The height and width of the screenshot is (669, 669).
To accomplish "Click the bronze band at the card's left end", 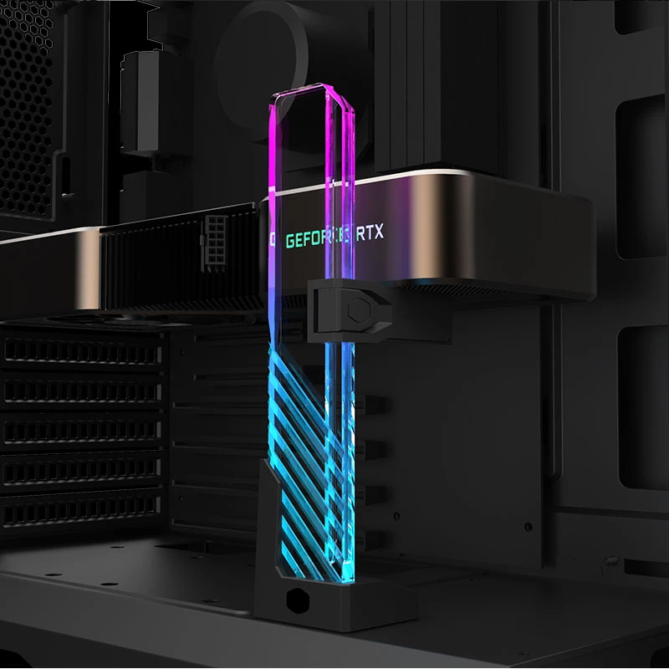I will (50, 268).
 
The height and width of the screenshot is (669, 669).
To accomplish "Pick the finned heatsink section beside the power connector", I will (151, 268).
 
